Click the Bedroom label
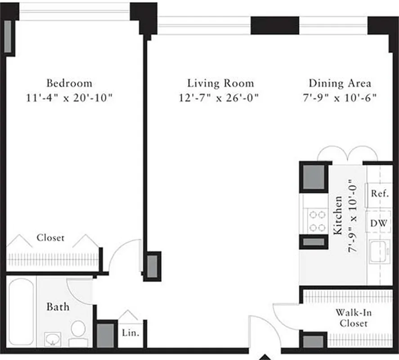pyautogui.click(x=69, y=83)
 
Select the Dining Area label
pyautogui.click(x=340, y=83)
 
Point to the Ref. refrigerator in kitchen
pyautogui.click(x=379, y=193)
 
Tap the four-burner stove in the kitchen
pyautogui.click(x=317, y=221)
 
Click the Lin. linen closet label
pyautogui.click(x=130, y=333)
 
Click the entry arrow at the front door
pyautogui.click(x=265, y=357)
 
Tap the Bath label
pyautogui.click(x=58, y=307)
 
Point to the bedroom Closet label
pyautogui.click(x=50, y=238)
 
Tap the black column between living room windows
pyautogui.click(x=274, y=25)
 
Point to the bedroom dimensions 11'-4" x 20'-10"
pyautogui.click(x=69, y=98)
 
